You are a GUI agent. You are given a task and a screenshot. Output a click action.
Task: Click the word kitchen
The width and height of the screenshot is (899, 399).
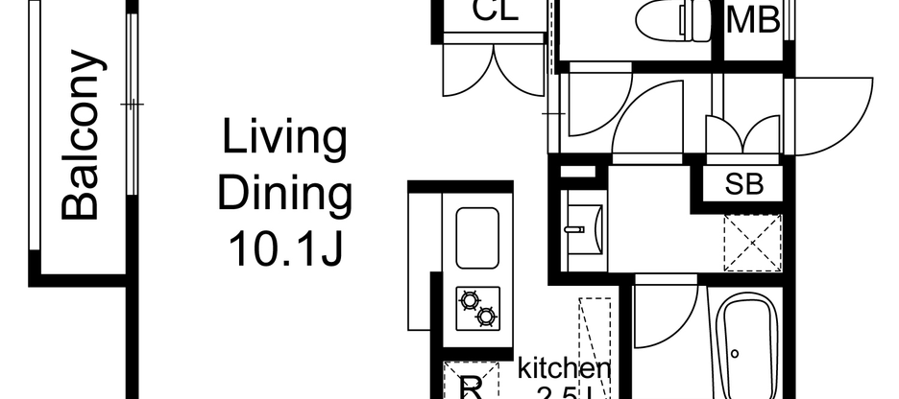pyautogui.click(x=565, y=367)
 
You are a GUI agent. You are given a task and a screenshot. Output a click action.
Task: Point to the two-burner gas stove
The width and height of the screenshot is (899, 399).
pyautogui.click(x=477, y=308)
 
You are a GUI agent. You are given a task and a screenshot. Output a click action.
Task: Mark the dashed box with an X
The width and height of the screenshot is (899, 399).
pyautogui.click(x=753, y=243)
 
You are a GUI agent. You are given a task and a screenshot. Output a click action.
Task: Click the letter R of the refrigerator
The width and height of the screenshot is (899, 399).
pyautogui.click(x=472, y=387)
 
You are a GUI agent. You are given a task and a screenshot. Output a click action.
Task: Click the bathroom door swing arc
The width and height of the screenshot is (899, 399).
pyautogui.click(x=666, y=312)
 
